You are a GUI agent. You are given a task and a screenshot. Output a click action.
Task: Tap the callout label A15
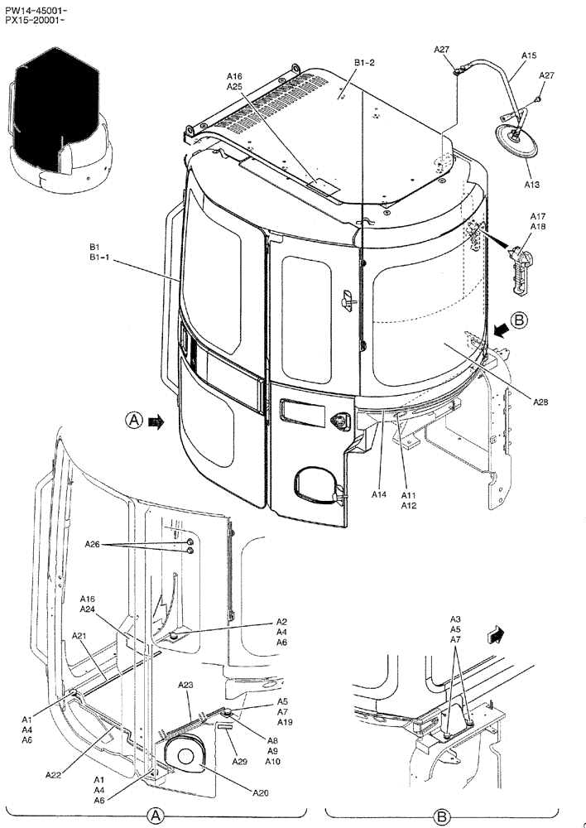point(529,55)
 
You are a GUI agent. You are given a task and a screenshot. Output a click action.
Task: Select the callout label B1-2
point(365,62)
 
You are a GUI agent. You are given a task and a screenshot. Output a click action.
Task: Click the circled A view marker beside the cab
point(134,421)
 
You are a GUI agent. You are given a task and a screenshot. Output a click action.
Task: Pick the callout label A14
point(379,494)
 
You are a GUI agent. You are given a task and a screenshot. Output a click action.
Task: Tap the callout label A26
point(93,544)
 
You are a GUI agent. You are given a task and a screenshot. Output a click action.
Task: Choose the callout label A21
point(79,636)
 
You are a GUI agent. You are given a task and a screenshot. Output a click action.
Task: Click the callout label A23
point(185,685)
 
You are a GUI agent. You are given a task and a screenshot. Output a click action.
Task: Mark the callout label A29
point(239,761)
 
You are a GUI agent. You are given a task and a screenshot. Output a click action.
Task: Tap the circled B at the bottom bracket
point(441,815)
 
